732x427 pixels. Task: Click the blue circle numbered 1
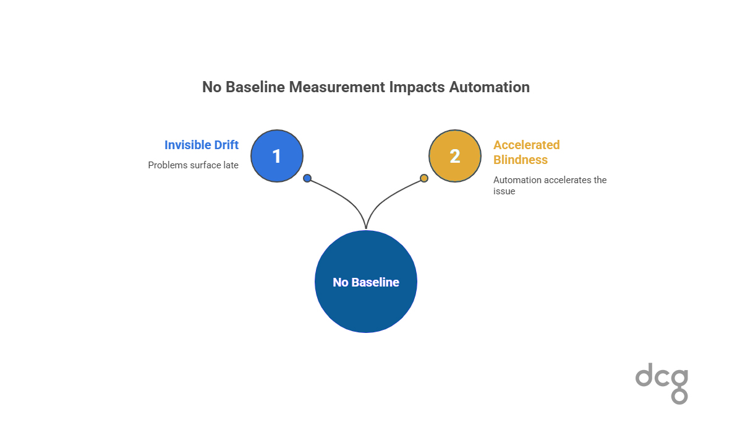pos(277,156)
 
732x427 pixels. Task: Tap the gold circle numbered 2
pos(455,156)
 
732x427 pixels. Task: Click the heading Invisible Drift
pos(202,145)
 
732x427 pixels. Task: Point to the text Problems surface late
pos(193,165)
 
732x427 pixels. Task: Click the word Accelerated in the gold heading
pos(527,145)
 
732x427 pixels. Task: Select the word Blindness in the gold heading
pos(521,160)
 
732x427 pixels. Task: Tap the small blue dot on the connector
pos(307,178)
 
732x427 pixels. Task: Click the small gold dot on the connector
pos(424,178)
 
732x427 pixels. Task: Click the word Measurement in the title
pos(337,87)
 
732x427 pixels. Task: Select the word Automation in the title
pos(489,87)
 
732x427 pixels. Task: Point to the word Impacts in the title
pos(417,87)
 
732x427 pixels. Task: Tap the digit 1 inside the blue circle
pos(277,156)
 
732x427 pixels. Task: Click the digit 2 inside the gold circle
pos(455,156)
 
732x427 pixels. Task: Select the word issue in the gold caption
pos(504,191)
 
